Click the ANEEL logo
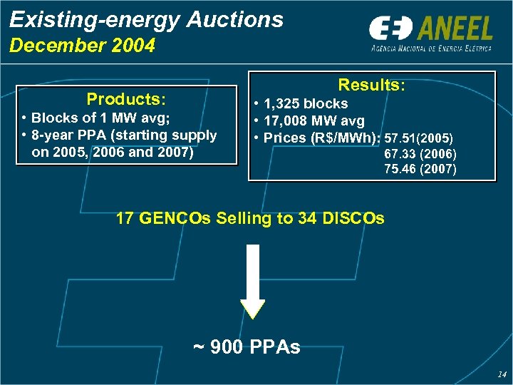click(x=430, y=34)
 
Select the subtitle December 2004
click(x=82, y=46)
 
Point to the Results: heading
click(x=371, y=85)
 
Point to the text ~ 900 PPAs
click(x=247, y=347)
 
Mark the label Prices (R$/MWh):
click(x=323, y=138)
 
